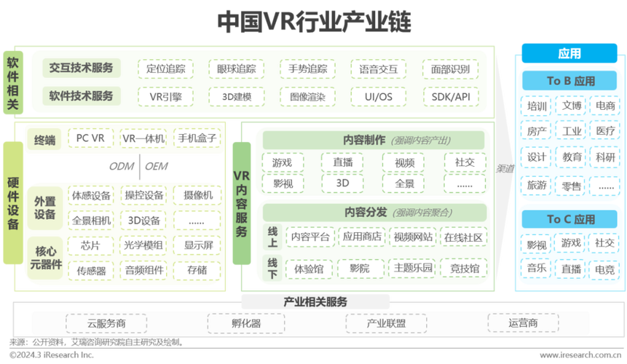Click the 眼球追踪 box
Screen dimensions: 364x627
236,70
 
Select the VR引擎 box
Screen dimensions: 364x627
165,96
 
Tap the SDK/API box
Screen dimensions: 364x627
450,96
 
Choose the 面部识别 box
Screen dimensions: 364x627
450,70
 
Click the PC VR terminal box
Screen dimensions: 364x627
90,138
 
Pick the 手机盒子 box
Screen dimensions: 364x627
197,138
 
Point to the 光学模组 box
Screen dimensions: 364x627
143,245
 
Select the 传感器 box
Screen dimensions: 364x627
90,270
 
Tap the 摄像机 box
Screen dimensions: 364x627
197,195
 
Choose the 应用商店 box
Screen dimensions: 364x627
362,237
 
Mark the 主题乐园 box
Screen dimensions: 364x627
413,269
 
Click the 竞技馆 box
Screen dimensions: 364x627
464,269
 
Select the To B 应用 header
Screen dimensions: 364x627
570,81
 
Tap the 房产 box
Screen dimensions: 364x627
537,131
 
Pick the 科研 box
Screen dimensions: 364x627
604,157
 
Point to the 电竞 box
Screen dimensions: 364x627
604,269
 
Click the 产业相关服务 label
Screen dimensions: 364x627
315,301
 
